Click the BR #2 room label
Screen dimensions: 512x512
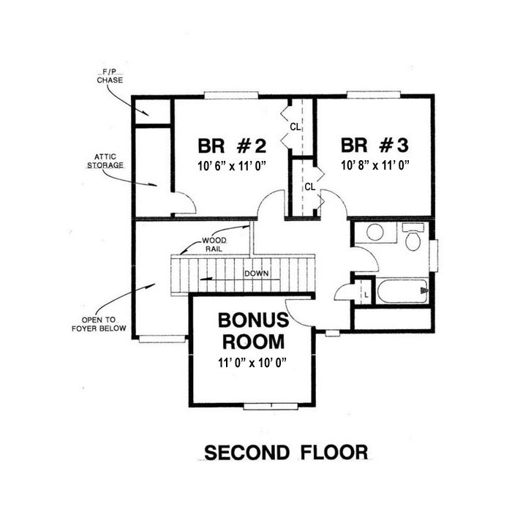click(232, 146)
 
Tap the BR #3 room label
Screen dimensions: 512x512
click(374, 146)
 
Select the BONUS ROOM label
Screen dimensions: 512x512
click(253, 331)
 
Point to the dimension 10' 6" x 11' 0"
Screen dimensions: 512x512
click(232, 166)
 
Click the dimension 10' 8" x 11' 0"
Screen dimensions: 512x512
click(375, 165)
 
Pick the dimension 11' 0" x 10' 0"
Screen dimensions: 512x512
click(252, 363)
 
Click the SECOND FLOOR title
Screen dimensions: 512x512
click(286, 453)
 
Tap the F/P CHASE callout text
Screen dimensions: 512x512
click(110, 76)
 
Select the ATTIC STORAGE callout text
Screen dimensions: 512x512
click(105, 162)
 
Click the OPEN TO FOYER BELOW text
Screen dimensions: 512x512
click(99, 324)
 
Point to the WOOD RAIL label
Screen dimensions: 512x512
click(214, 244)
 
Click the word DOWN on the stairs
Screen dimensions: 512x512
click(257, 274)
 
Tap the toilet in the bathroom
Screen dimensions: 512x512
click(413, 237)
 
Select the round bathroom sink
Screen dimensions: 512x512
click(374, 232)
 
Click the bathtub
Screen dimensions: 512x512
click(403, 290)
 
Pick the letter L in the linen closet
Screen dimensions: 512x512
click(366, 295)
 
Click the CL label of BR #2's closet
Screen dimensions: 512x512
click(295, 127)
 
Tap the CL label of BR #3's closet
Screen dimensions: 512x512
click(310, 187)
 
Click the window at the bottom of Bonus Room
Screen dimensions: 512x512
click(271, 407)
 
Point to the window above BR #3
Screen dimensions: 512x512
click(374, 94)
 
